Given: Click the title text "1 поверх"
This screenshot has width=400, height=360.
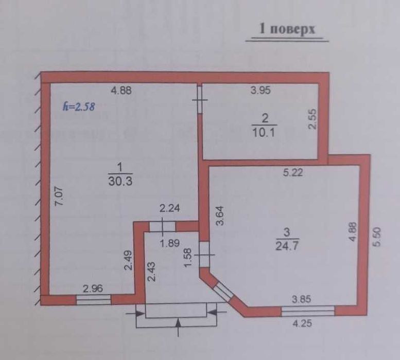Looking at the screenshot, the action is (287, 29).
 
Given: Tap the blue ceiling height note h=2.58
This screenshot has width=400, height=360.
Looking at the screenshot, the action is (79, 106).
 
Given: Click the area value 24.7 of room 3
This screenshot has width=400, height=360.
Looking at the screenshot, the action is (287, 246).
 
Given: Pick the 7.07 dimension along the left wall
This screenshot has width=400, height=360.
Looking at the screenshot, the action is (60, 196).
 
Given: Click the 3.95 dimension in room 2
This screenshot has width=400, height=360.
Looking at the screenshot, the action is (260, 90).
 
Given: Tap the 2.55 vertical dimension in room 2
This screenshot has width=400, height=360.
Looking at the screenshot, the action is (312, 119).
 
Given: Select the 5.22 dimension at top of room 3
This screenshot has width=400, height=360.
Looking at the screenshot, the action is (293, 172).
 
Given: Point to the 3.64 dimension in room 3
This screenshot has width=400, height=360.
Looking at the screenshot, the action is (220, 215).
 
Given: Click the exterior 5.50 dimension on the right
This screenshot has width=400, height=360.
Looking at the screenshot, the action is (377, 237).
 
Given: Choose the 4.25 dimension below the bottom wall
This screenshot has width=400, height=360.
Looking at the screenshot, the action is (302, 323).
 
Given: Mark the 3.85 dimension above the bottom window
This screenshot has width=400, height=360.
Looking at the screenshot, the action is (302, 299).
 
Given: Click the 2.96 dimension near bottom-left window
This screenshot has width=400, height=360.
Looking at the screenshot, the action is (93, 289).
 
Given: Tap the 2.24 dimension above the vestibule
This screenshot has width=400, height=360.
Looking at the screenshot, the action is (170, 208).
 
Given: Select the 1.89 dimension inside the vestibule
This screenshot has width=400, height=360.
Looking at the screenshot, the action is (170, 243).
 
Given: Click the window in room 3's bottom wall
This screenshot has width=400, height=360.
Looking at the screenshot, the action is (308, 311).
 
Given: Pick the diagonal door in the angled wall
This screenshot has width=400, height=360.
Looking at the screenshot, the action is (223, 291).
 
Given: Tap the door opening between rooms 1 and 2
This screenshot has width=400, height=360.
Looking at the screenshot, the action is (200, 99).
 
